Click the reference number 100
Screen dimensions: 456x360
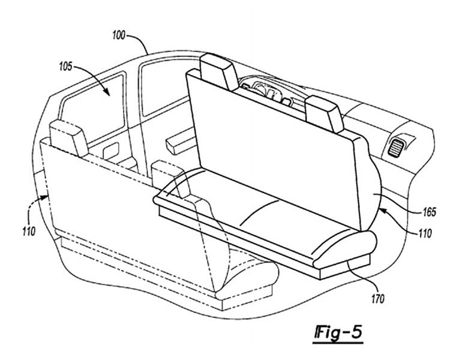click(x=119, y=35)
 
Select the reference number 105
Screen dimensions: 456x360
click(x=65, y=67)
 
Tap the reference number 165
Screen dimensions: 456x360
click(x=430, y=212)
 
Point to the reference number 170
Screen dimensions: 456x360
click(x=377, y=299)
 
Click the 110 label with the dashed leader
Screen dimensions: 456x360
click(x=29, y=232)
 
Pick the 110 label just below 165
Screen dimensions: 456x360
click(x=425, y=233)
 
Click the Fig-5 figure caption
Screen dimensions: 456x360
click(x=338, y=332)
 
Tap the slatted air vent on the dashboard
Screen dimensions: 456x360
click(x=396, y=147)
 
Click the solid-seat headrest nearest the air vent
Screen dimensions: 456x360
click(x=324, y=113)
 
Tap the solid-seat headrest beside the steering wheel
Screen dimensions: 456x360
click(x=219, y=72)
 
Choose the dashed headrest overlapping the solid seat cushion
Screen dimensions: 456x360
click(x=170, y=178)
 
